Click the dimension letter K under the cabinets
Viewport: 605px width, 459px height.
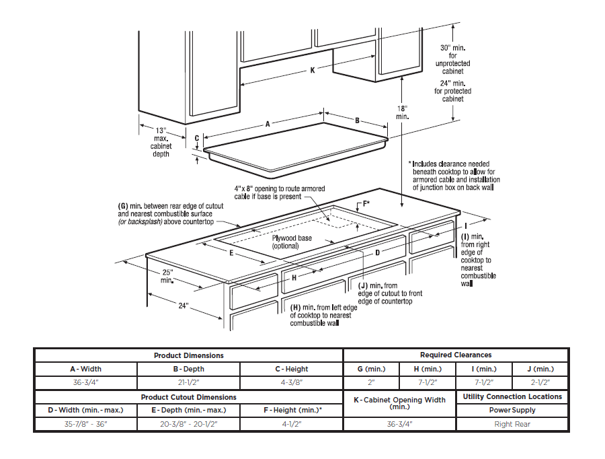(x=312, y=71)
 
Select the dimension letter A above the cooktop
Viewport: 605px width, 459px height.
(x=268, y=124)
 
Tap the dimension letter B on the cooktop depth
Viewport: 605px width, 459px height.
(x=357, y=120)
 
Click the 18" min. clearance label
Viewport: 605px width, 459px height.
(x=402, y=112)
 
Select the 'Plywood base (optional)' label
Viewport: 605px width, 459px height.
(x=291, y=242)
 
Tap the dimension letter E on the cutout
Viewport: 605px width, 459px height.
(x=231, y=254)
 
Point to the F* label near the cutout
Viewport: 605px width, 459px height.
(x=366, y=203)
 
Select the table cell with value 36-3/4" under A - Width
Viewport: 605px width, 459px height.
(x=86, y=382)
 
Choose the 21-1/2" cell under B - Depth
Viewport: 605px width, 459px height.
(x=189, y=382)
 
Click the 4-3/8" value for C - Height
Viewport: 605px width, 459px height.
(x=292, y=382)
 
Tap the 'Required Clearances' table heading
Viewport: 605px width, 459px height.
(x=456, y=355)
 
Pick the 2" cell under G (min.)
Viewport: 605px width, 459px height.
(x=371, y=382)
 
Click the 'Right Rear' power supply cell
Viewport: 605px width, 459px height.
(x=512, y=424)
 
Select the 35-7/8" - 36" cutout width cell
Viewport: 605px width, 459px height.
(x=86, y=424)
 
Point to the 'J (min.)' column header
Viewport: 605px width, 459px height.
(x=540, y=369)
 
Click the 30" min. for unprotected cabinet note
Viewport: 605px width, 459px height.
(x=453, y=59)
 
